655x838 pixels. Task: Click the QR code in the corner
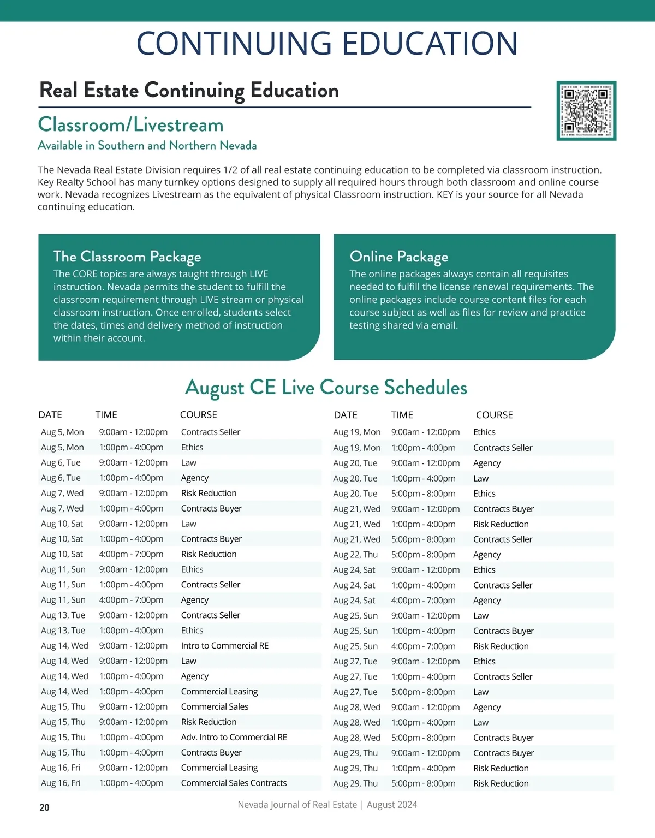pyautogui.click(x=586, y=111)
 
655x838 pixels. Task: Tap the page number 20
pyautogui.click(x=44, y=807)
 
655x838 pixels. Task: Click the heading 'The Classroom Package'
pyautogui.click(x=127, y=257)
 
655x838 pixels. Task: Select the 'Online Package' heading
pyautogui.click(x=399, y=257)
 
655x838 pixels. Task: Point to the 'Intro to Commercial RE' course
pyautogui.click(x=225, y=645)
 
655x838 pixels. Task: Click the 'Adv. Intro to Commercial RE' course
pyautogui.click(x=234, y=737)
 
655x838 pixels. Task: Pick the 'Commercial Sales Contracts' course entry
pyautogui.click(x=234, y=783)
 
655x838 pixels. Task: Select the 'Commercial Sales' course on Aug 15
pyautogui.click(x=215, y=706)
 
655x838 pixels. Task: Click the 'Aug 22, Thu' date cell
pyautogui.click(x=355, y=554)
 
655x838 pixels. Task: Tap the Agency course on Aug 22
pyautogui.click(x=487, y=554)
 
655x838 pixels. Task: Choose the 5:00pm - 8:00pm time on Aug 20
pyautogui.click(x=423, y=494)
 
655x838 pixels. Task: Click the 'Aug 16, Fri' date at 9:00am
pyautogui.click(x=61, y=768)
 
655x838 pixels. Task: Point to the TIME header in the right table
pyautogui.click(x=402, y=415)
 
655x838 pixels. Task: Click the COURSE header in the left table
pyautogui.click(x=199, y=415)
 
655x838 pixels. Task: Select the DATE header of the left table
pyautogui.click(x=50, y=415)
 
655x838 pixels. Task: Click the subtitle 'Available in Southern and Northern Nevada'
pyautogui.click(x=147, y=145)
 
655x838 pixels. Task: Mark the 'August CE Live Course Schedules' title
pyautogui.click(x=326, y=387)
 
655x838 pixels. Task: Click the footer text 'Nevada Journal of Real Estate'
pyautogui.click(x=297, y=805)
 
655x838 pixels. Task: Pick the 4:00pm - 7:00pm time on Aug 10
pyautogui.click(x=131, y=554)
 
